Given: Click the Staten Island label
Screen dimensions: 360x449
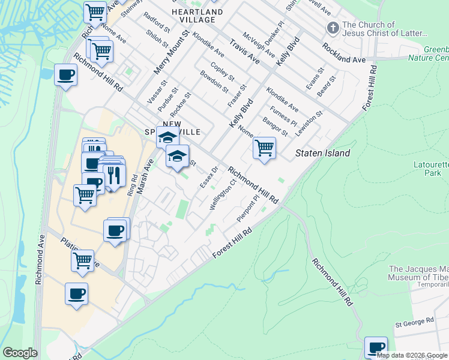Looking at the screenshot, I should click(x=322, y=154).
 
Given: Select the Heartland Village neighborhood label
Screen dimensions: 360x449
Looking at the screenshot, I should click(x=197, y=16).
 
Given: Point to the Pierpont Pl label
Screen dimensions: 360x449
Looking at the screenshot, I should click(x=247, y=208).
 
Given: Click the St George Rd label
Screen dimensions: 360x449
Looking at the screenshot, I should click(x=414, y=323).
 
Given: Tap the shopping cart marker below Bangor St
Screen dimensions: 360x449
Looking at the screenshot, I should click(x=264, y=147).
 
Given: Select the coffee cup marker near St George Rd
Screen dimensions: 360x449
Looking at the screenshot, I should click(x=376, y=347).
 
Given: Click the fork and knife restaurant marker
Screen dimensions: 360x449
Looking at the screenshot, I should click(x=113, y=175).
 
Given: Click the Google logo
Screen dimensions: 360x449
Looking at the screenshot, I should click(x=20, y=353).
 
